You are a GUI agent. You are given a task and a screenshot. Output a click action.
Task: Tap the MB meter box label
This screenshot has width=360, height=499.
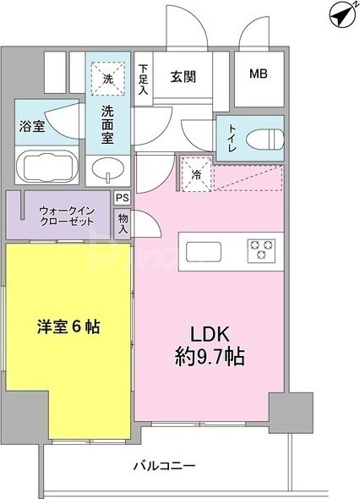tap(258, 74)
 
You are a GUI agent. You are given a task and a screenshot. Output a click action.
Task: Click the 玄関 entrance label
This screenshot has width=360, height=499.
tap(183, 77)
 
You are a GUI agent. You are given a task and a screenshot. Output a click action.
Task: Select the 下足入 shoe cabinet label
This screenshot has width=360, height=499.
tap(144, 80)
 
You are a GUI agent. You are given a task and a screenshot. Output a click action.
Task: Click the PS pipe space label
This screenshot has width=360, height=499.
tap(123, 198)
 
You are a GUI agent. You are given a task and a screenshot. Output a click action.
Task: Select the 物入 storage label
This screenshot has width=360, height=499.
tap(123, 224)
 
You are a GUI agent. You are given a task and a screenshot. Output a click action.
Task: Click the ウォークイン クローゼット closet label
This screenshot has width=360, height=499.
tap(60, 216)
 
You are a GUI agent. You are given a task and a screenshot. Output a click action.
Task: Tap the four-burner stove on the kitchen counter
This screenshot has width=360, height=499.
tap(261, 249)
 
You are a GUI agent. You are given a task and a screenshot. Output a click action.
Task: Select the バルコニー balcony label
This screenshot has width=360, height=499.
tap(166, 466)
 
